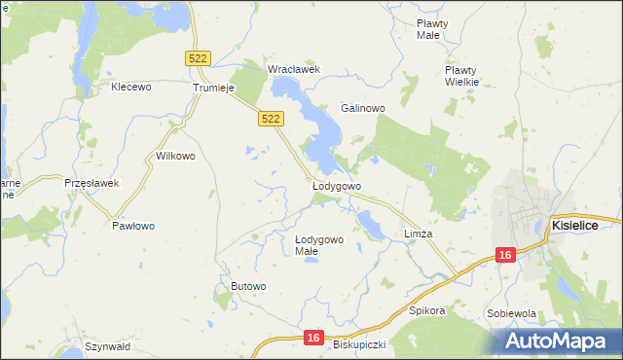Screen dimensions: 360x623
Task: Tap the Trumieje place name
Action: coord(215,87)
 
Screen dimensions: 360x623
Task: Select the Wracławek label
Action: coord(294,69)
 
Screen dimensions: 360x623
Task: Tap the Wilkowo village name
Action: coord(176,156)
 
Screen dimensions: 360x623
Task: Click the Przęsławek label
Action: coord(91,183)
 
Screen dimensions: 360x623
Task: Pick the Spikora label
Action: coord(426,311)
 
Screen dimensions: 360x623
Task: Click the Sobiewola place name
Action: coord(512,314)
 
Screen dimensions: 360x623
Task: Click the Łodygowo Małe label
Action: coord(319,245)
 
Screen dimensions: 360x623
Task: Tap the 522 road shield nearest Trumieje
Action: coord(198,59)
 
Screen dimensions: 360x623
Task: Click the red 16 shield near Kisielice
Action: coord(503,254)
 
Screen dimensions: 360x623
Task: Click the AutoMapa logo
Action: coord(557,341)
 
